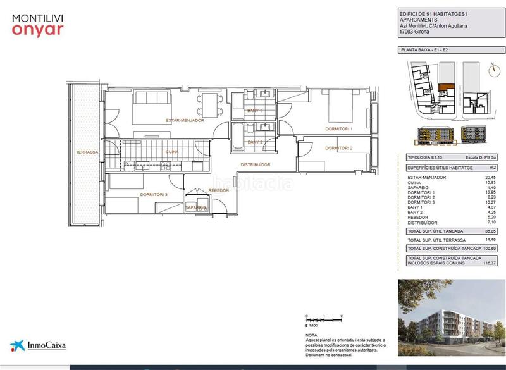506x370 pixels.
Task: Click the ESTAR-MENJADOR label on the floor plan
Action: click(185, 120)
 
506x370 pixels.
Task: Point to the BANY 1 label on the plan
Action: click(255, 111)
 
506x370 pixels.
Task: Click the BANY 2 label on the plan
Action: click(255, 142)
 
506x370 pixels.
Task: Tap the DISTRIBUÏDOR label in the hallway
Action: click(256, 164)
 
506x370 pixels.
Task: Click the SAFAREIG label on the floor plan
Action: click(195, 207)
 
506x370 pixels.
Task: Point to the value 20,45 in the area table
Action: click(490, 177)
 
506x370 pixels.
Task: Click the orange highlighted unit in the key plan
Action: click(446, 87)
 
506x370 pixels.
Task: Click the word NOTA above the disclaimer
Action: click(311, 335)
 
